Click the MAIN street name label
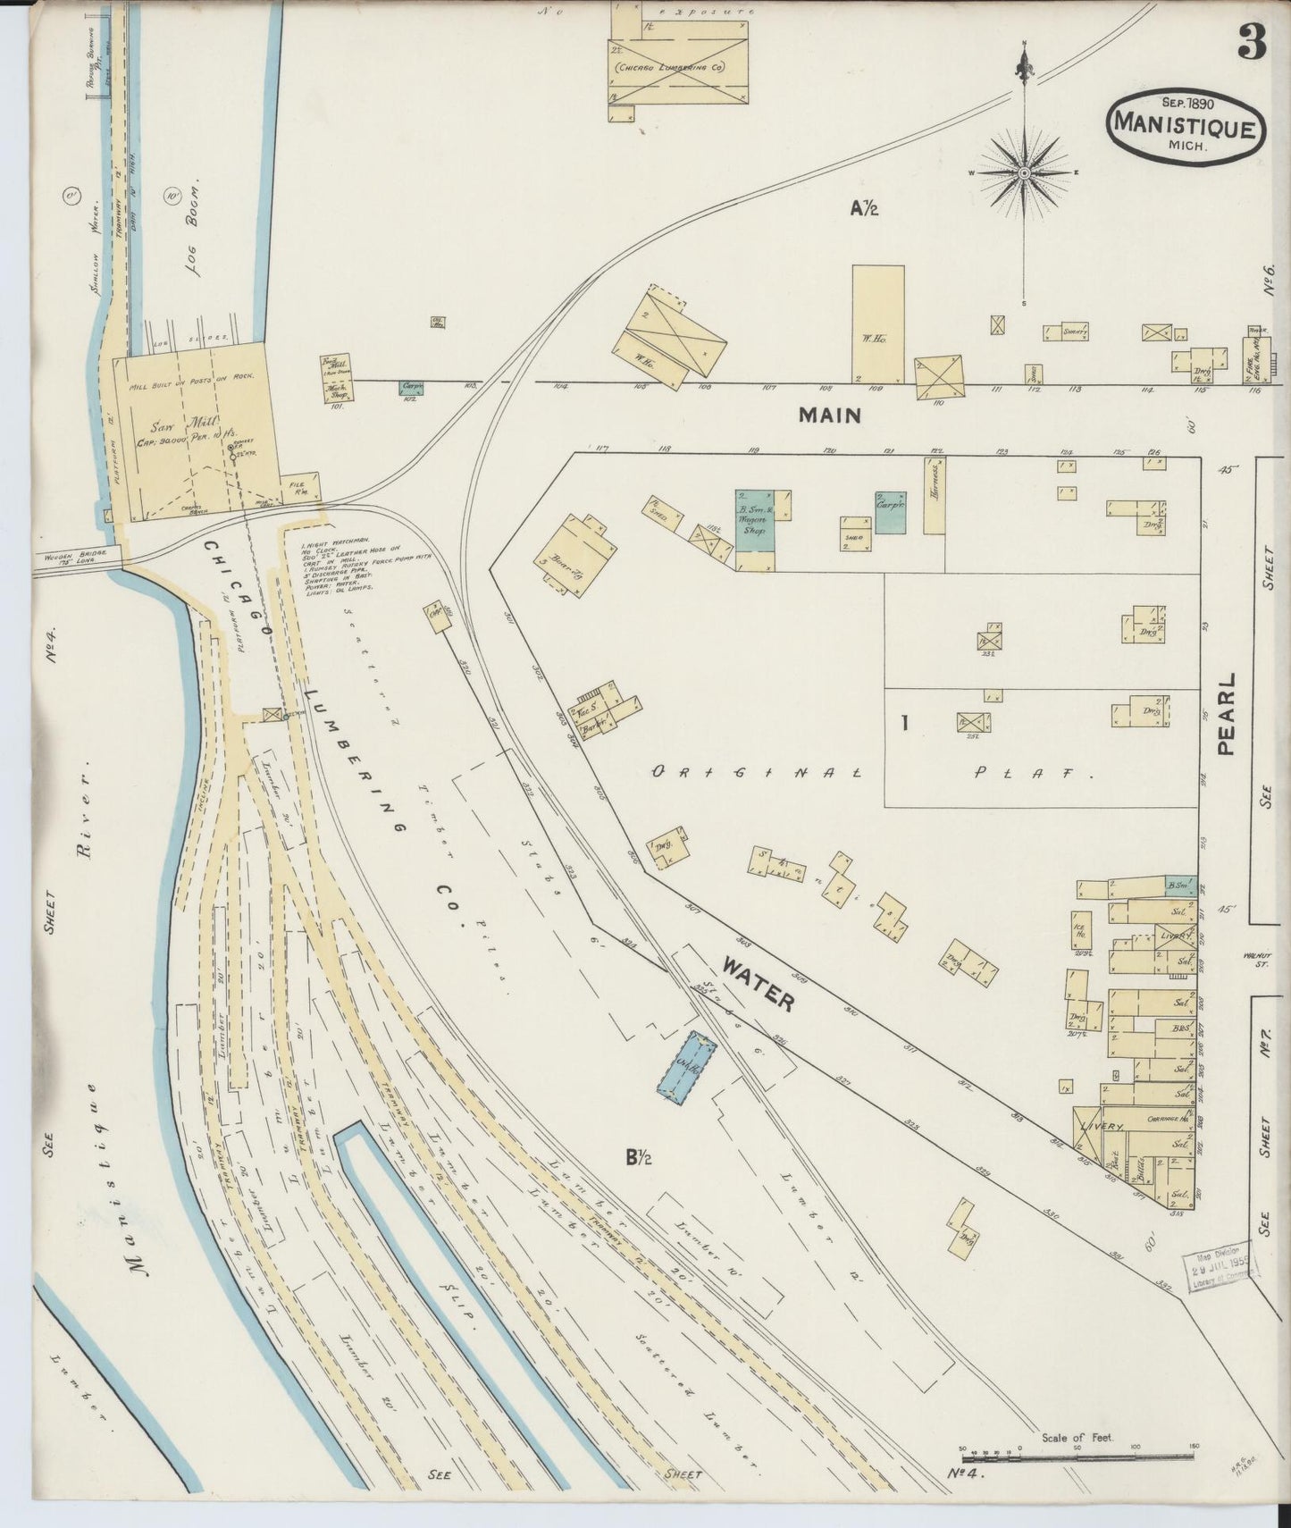(x=830, y=415)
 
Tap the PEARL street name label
(x=1226, y=715)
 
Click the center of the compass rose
(x=1024, y=172)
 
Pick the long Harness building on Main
(x=935, y=495)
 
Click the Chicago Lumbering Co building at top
(x=679, y=67)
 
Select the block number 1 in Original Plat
(x=904, y=723)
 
